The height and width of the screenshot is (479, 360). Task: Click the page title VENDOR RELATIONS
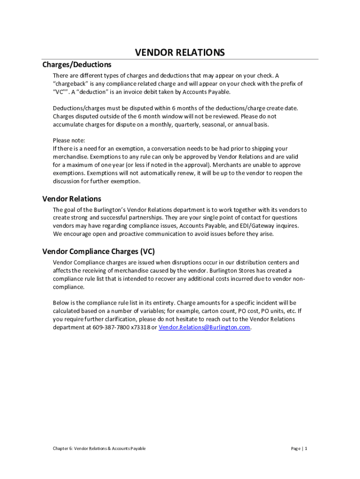[180, 52]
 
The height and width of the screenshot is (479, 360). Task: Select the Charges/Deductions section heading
[77, 65]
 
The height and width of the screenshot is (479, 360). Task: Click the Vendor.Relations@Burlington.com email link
[204, 327]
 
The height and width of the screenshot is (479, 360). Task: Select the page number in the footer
[299, 449]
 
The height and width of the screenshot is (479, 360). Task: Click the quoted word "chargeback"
[69, 84]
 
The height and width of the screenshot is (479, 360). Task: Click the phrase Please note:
[69, 140]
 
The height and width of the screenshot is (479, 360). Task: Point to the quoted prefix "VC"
[60, 92]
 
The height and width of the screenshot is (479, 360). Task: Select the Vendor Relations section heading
[72, 199]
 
